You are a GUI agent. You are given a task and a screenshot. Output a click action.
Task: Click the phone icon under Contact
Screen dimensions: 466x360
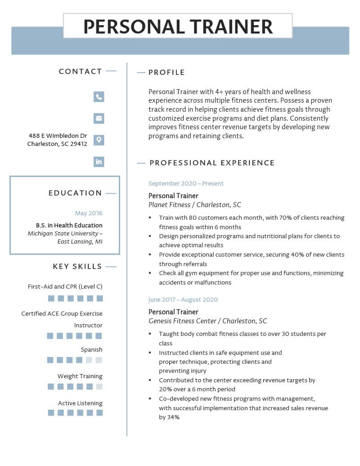tap(99, 96)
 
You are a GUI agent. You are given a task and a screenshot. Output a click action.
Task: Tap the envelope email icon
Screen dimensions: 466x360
tap(99, 118)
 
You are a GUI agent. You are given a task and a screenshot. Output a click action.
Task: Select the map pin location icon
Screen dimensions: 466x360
tap(99, 140)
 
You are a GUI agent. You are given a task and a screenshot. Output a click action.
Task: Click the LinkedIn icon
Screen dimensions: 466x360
tap(99, 162)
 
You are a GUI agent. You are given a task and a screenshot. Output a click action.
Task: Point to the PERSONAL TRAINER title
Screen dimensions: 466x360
tap(178, 27)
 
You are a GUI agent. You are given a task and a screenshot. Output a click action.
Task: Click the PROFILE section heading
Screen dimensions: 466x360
tap(166, 72)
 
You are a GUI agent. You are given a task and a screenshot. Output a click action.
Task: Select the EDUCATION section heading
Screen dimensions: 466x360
tap(75, 193)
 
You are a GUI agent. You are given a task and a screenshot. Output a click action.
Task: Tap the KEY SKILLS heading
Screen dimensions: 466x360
tap(77, 267)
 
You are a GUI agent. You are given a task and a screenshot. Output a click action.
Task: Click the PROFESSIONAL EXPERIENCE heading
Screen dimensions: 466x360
tap(212, 163)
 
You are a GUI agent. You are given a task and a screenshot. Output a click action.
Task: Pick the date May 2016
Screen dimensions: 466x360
tap(89, 213)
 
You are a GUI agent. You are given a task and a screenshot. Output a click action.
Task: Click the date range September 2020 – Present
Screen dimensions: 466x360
tap(186, 184)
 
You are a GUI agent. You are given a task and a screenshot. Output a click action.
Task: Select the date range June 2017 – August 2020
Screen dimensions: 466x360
tap(183, 300)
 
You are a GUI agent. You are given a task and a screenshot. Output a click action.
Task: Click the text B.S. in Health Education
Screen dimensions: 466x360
tap(69, 225)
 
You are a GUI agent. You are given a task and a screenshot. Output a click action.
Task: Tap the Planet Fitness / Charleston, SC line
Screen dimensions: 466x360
tap(195, 205)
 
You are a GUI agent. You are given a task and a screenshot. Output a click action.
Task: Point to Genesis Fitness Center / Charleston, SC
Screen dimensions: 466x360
tap(207, 321)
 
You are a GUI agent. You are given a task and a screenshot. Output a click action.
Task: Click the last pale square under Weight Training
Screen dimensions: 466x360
tap(99, 386)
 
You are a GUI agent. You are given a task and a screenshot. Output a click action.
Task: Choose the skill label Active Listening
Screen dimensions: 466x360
tap(80, 403)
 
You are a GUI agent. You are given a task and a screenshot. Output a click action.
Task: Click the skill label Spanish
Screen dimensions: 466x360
tap(91, 349)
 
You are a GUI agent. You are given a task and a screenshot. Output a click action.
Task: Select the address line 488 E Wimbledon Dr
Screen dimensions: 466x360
tap(58, 136)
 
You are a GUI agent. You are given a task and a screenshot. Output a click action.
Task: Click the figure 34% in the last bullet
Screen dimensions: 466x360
tap(174, 417)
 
